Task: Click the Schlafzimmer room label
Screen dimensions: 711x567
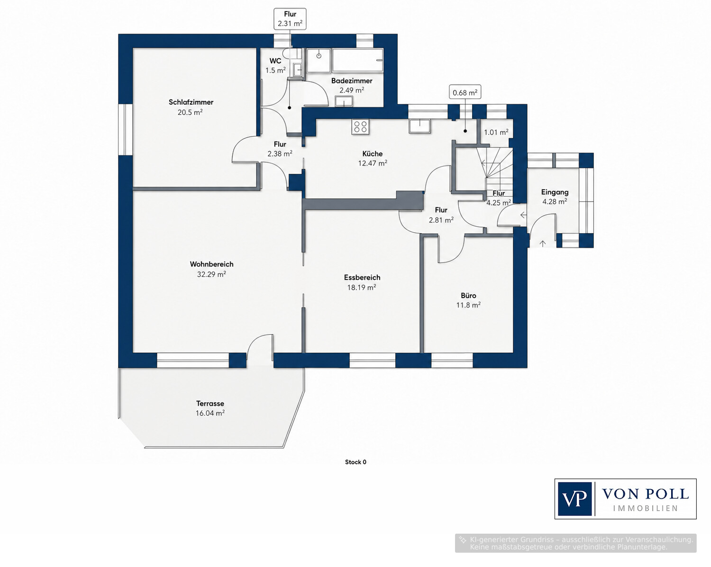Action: pos(191,102)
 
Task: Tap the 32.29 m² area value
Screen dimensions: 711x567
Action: pos(211,274)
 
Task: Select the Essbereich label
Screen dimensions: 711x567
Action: pos(362,277)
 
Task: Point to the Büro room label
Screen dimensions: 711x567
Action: pos(468,295)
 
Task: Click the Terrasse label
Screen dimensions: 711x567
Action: pos(210,403)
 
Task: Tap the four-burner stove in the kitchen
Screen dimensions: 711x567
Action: pos(360,127)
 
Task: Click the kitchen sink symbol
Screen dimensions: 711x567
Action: pos(420,127)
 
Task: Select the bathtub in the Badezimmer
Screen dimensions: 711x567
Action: pos(358,60)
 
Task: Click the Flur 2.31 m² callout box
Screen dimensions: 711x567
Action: pos(290,19)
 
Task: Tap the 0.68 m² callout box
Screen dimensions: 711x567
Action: pos(465,92)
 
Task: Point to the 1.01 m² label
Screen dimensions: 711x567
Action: pos(496,132)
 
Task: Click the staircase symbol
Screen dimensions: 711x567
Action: pos(494,174)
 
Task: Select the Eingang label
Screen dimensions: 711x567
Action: pos(555,192)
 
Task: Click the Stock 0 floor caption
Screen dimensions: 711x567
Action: pos(355,462)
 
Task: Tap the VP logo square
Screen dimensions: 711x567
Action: pos(574,499)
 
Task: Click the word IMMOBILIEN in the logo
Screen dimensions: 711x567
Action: pos(646,509)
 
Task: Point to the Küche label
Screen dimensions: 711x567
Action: pos(373,154)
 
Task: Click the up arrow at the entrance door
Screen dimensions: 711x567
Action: pos(543,244)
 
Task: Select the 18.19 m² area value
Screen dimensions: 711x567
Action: pos(362,287)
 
